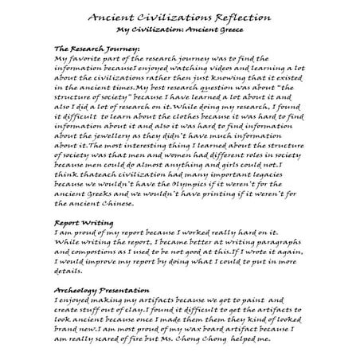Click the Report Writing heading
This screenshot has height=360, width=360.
83,223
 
